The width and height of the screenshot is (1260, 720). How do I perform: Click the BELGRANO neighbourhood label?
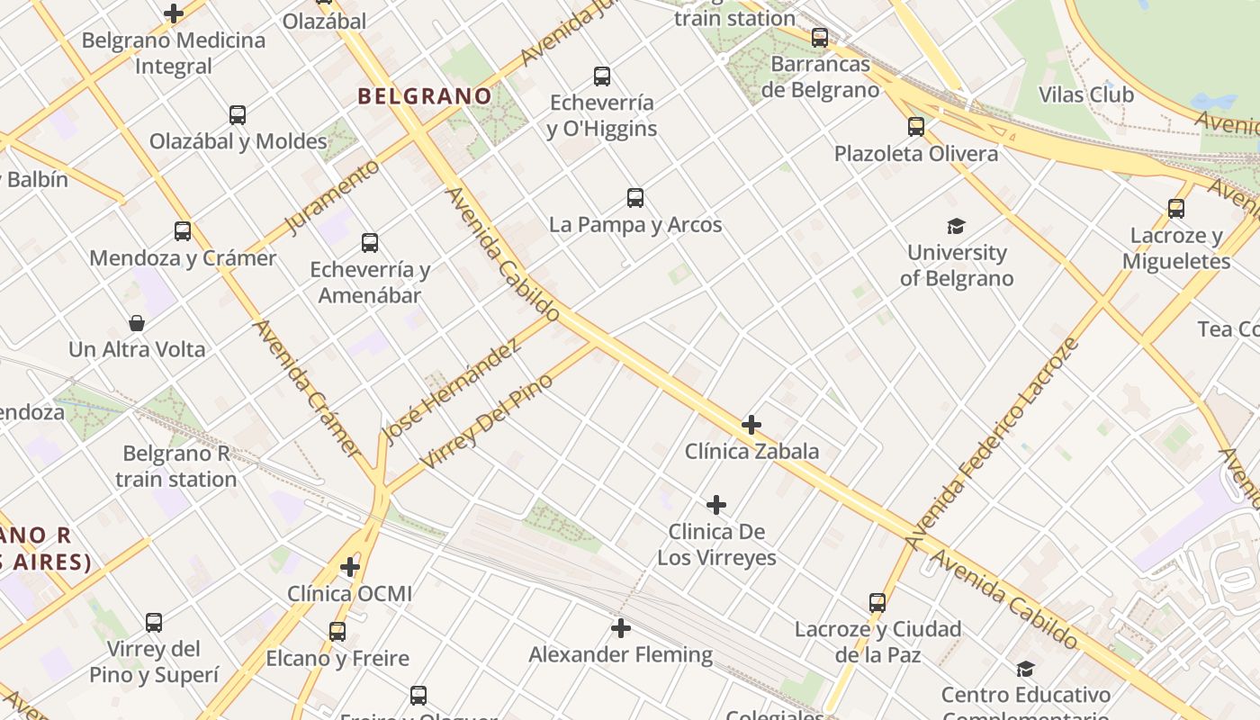click(x=425, y=96)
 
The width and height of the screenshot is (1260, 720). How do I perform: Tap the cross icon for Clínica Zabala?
click(x=751, y=425)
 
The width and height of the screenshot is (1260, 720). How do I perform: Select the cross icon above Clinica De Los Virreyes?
click(x=716, y=505)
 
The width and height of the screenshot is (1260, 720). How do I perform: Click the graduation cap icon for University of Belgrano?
click(x=956, y=226)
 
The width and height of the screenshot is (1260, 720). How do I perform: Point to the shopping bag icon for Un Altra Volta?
click(x=137, y=323)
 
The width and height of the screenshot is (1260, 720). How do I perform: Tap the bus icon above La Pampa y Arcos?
click(x=635, y=198)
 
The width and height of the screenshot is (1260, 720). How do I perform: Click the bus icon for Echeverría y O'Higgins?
click(x=602, y=76)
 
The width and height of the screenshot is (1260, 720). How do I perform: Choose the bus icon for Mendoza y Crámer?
click(x=183, y=231)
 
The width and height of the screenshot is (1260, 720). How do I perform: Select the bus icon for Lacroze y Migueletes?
click(x=1175, y=209)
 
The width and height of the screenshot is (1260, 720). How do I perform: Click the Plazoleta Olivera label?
click(x=916, y=154)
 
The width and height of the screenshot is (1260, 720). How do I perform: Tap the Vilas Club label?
click(x=1085, y=94)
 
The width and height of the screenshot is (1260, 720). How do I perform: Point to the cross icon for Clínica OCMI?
click(x=350, y=568)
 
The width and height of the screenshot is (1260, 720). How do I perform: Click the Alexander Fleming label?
click(x=620, y=654)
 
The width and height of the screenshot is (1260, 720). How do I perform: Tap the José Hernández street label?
click(x=451, y=391)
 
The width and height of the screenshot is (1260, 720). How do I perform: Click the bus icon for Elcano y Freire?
click(x=337, y=632)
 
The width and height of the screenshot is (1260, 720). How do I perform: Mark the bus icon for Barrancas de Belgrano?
click(x=820, y=38)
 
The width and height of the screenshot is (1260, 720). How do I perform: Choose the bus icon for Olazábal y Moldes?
click(x=238, y=115)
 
